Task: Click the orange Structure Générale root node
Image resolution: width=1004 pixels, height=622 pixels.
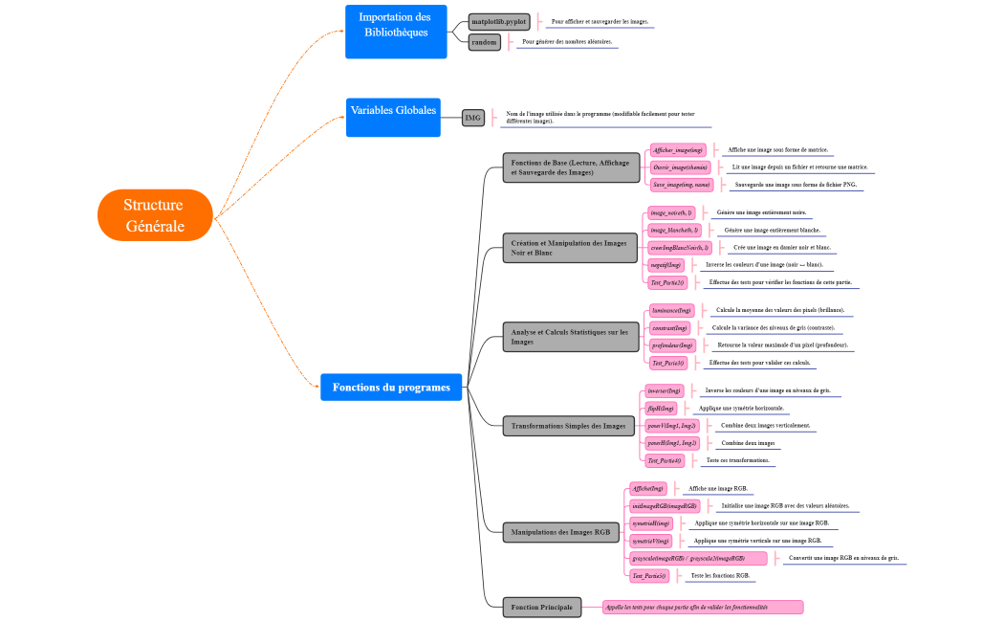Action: click(x=154, y=215)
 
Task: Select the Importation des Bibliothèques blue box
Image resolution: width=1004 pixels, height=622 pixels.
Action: click(x=396, y=32)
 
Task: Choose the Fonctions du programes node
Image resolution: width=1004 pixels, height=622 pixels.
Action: click(x=391, y=387)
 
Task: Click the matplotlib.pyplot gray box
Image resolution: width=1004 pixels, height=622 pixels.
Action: click(x=499, y=21)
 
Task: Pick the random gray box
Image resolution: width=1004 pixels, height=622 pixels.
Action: click(x=485, y=42)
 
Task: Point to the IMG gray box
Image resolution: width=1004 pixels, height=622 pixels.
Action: click(x=472, y=117)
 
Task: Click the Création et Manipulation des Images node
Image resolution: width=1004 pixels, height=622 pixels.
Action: click(x=569, y=248)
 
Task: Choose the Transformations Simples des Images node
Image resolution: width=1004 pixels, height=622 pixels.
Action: click(x=569, y=425)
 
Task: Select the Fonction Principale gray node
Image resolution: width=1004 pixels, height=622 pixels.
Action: click(x=542, y=607)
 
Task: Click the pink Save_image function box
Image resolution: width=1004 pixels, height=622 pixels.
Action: click(x=681, y=184)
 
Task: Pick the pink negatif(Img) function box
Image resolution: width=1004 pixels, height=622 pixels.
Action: click(x=666, y=264)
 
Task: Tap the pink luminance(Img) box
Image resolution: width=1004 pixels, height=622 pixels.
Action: click(x=671, y=311)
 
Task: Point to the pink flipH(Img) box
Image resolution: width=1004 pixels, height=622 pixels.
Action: click(x=662, y=408)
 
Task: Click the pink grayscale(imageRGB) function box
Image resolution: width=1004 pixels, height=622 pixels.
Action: click(x=698, y=558)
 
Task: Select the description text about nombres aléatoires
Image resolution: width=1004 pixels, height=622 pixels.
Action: click(x=567, y=42)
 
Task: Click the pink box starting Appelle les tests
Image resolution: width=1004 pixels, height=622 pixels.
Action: click(x=702, y=607)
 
